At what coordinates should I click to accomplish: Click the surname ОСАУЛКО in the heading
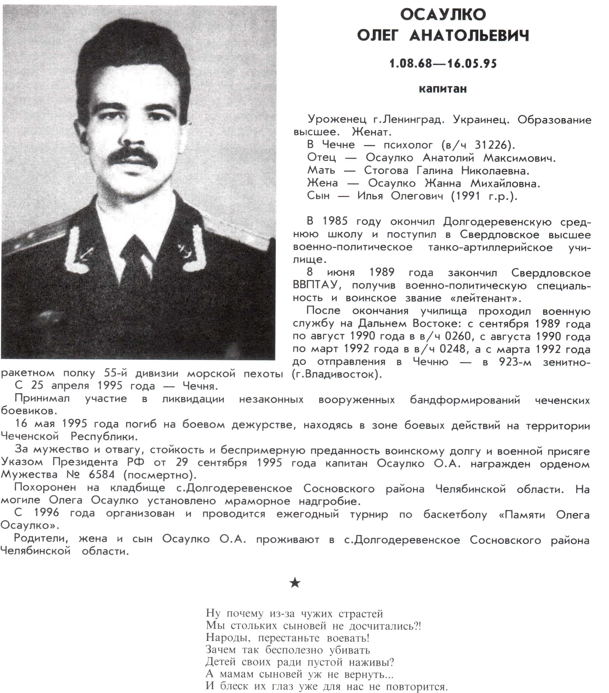point(443,15)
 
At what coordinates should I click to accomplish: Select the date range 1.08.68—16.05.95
point(443,63)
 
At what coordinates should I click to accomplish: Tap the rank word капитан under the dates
point(443,89)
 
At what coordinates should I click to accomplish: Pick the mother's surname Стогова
point(386,171)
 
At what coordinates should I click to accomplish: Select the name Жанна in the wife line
point(443,183)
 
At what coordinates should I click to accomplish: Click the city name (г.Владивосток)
point(337,374)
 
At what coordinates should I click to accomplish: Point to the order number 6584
point(101,474)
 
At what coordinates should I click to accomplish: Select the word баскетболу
point(455,514)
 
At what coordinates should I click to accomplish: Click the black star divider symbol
point(295,583)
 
